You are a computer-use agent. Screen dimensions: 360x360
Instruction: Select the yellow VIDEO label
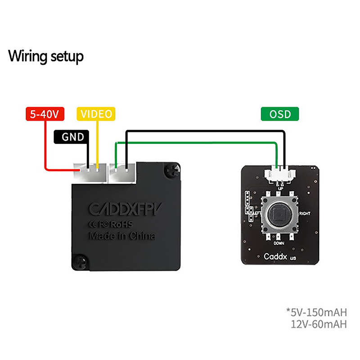click(x=96, y=114)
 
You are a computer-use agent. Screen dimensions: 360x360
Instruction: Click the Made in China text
click(x=122, y=236)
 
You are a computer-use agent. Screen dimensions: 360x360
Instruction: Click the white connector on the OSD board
click(x=279, y=173)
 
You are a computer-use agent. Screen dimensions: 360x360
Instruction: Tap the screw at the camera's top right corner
click(x=172, y=170)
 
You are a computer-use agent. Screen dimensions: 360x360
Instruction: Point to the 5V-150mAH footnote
click(x=316, y=312)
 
